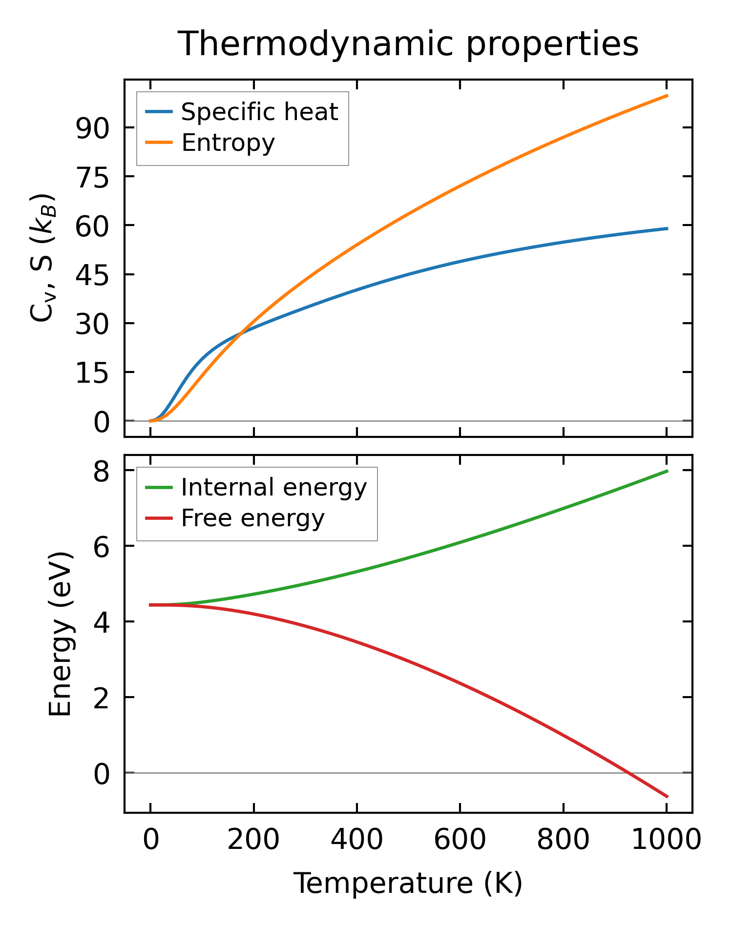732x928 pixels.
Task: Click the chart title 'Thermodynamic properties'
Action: point(408,44)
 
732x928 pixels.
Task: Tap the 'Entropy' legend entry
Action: point(228,143)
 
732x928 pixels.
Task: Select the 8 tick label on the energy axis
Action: point(102,471)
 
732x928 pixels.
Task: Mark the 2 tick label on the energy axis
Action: point(102,698)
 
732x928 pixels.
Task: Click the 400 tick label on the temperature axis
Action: point(356,840)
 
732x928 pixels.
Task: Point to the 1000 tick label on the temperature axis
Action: point(666,840)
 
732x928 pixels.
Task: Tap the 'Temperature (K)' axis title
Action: point(408,883)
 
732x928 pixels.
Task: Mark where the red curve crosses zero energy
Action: point(629,773)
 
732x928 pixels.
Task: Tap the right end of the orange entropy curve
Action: point(667,96)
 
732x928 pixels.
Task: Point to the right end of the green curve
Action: point(667,471)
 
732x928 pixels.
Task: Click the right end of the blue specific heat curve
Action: point(667,228)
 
